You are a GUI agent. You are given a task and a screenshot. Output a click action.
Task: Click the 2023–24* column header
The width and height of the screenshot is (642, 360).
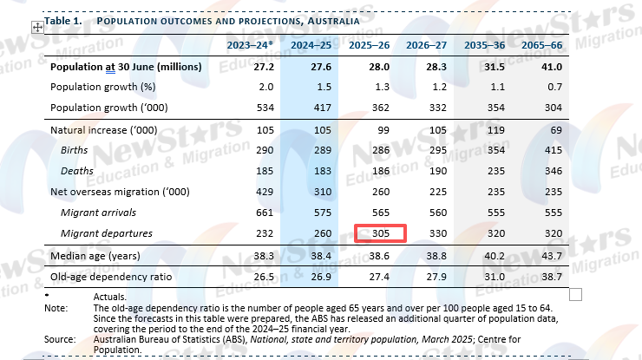[x=250, y=44]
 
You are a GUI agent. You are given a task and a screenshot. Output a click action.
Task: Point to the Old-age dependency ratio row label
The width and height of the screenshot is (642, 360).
[x=111, y=278]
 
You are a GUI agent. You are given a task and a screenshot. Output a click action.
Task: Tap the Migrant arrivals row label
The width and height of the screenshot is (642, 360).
[x=97, y=213]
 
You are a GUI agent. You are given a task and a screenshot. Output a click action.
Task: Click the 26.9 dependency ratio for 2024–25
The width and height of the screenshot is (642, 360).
[x=311, y=278]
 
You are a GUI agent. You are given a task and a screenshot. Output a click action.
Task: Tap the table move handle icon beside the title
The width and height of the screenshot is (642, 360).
[x=37, y=27]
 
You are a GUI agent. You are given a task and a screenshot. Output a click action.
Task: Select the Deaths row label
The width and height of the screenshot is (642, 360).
[x=77, y=172]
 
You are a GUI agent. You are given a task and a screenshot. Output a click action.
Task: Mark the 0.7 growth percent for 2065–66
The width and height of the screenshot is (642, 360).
[x=553, y=88]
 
